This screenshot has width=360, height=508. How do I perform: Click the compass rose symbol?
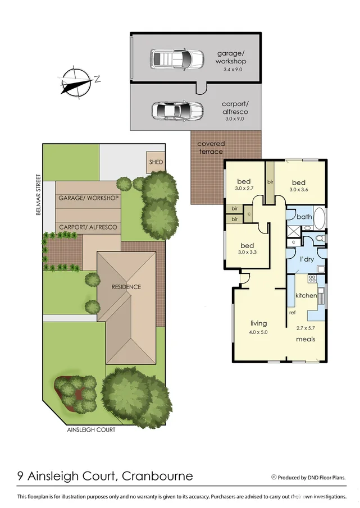pyautogui.click(x=77, y=81)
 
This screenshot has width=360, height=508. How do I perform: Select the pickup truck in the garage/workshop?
pyautogui.click(x=176, y=58)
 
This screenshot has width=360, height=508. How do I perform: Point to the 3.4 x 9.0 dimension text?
pyautogui.click(x=231, y=70)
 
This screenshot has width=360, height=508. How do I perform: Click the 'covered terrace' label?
pyautogui.click(x=210, y=148)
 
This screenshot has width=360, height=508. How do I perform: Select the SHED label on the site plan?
pyautogui.click(x=156, y=162)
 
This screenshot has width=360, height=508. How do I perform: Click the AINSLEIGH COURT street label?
pyautogui.click(x=90, y=430)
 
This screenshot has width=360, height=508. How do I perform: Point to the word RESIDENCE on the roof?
pyautogui.click(x=126, y=287)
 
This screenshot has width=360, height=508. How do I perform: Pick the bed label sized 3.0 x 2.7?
pyautogui.click(x=243, y=185)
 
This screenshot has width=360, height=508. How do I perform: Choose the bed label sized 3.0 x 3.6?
pyautogui.click(x=298, y=186)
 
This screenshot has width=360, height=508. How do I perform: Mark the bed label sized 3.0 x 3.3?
pyautogui.click(x=247, y=249)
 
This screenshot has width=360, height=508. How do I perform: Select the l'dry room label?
pyautogui.click(x=306, y=260)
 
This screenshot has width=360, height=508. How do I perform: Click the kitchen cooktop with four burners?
pyautogui.click(x=312, y=281)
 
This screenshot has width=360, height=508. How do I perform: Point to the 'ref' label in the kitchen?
pyautogui.click(x=292, y=313)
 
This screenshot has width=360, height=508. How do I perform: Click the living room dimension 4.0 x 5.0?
pyautogui.click(x=258, y=332)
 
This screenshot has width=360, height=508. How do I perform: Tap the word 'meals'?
pyautogui.click(x=306, y=339)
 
